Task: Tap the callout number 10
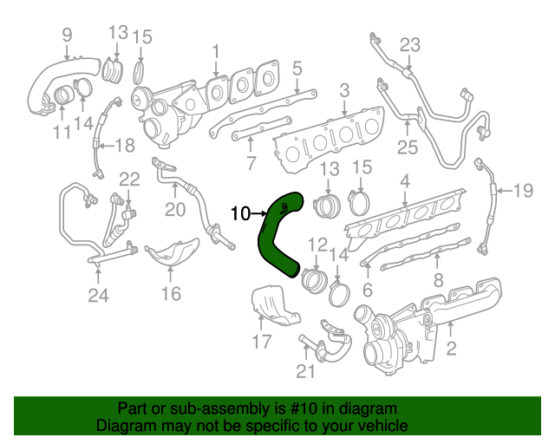[240, 212]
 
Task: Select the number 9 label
[66, 36]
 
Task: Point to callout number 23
[409, 44]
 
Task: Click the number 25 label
[408, 147]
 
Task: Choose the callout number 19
[522, 190]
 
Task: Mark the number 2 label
[451, 349]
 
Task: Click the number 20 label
[175, 210]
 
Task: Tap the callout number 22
[129, 180]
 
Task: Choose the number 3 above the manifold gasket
[344, 89]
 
